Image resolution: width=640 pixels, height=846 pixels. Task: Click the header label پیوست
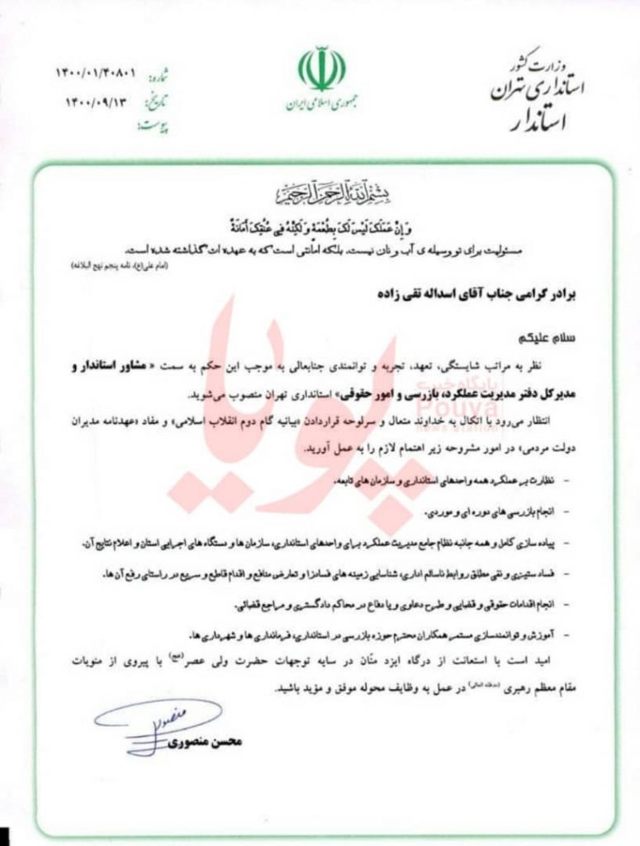[x=152, y=126]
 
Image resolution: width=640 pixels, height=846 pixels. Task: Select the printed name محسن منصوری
[x=206, y=742]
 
